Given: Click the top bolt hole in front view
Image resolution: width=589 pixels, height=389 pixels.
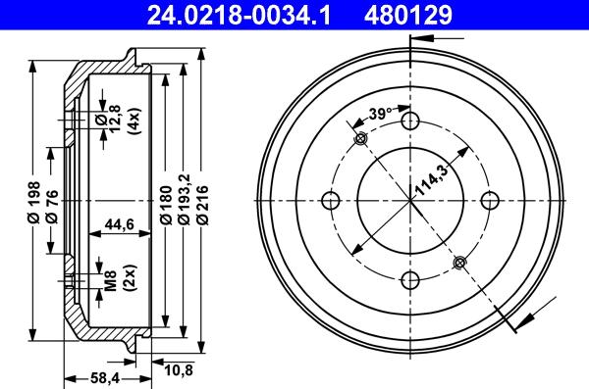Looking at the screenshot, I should coord(411,122).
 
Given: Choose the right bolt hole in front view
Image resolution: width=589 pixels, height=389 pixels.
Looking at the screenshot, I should coord(492,201).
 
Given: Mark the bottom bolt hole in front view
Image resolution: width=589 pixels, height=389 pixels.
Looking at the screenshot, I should coord(412,281).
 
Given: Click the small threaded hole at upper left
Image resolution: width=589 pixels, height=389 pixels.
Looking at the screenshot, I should coord(360,139).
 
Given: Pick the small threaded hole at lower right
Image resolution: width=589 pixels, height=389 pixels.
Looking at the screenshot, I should coord(460,262).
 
